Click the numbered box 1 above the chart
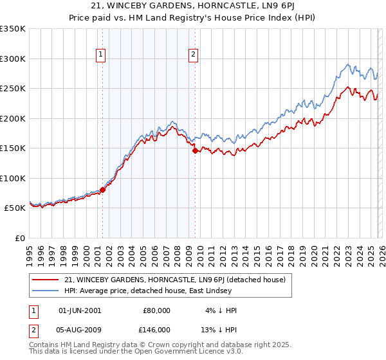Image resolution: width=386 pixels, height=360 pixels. (x=102, y=55)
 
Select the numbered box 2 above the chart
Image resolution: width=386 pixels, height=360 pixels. (x=193, y=55)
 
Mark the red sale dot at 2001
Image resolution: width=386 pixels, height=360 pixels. (x=102, y=190)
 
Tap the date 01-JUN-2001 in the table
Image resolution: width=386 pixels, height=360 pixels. (x=79, y=310)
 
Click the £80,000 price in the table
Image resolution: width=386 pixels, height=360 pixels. (x=157, y=310)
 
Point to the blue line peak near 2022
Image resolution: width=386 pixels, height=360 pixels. (x=348, y=64)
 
